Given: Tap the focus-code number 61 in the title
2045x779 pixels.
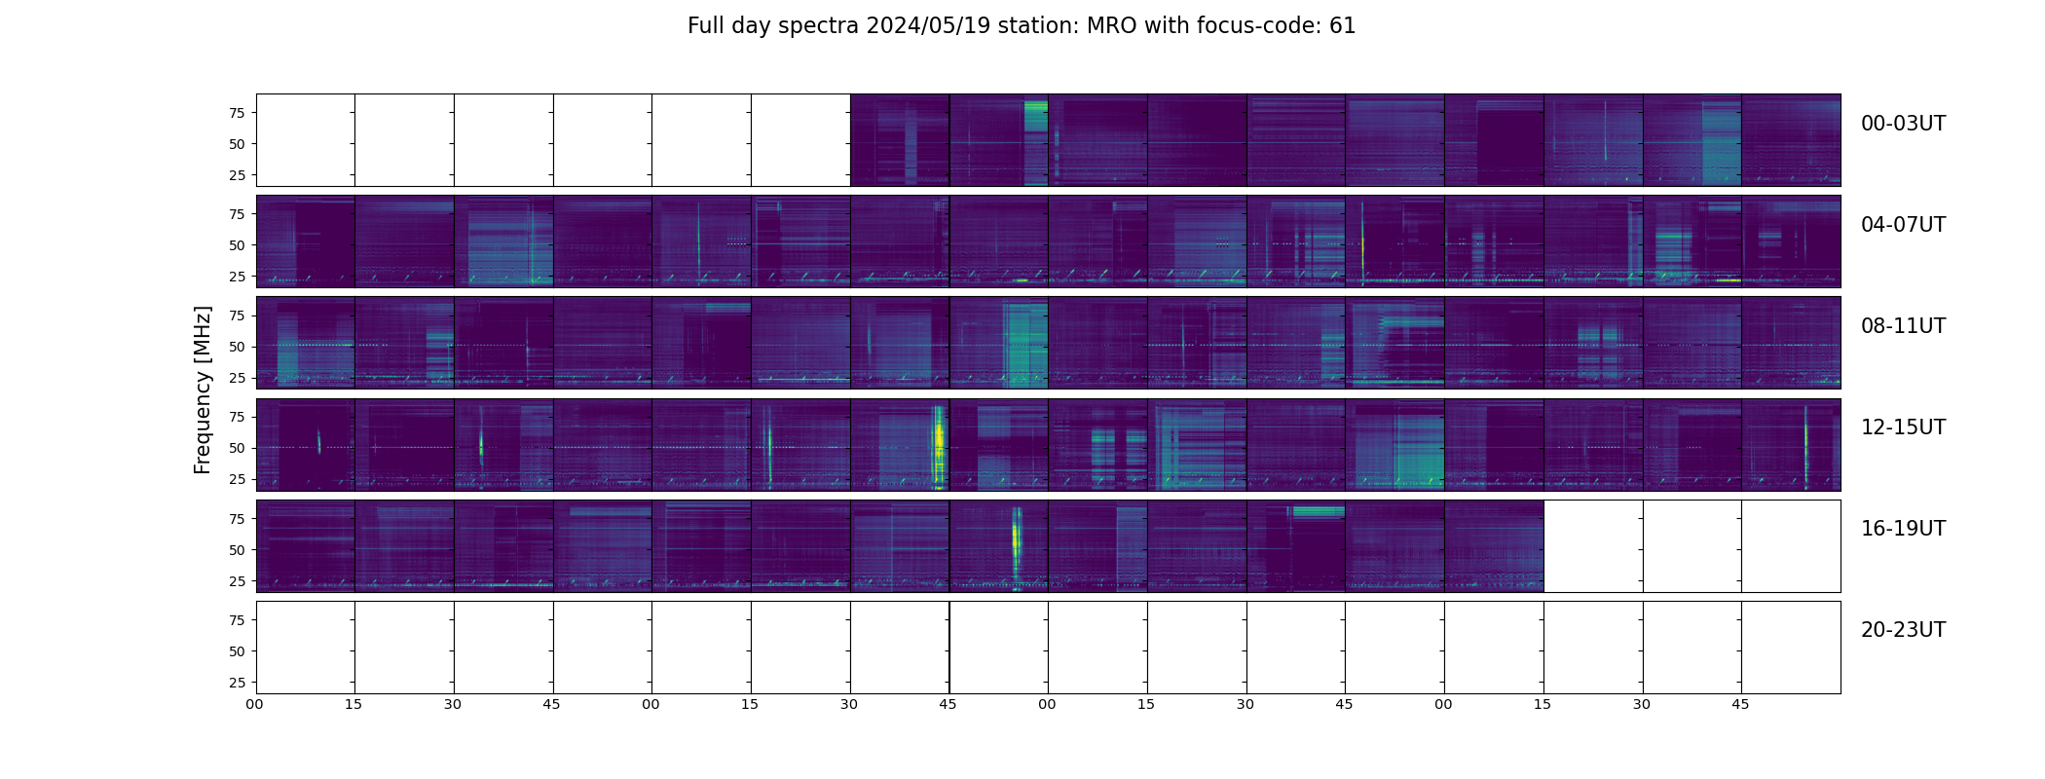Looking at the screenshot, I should (1342, 26).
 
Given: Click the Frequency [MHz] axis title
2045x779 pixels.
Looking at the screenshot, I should (203, 389).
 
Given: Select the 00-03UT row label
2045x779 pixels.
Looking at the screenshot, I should (1903, 124).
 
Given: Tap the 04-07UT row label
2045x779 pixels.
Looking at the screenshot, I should (1903, 225).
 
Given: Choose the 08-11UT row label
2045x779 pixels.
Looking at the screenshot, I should (1903, 326).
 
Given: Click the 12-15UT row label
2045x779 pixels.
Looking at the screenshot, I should (1903, 427).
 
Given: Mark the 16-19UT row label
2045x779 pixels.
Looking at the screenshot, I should (1903, 529).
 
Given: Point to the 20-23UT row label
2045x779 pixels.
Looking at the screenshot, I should (1903, 630).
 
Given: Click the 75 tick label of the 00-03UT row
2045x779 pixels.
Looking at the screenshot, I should (236, 113).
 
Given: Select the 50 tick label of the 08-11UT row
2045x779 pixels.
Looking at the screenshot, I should (236, 347).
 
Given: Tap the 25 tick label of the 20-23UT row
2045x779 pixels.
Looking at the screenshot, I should (236, 683).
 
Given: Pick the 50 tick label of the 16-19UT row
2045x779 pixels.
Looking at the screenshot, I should (236, 550).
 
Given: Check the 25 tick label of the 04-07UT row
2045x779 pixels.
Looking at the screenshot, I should (236, 277).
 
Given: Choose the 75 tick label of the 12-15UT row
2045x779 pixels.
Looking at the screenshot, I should (236, 417).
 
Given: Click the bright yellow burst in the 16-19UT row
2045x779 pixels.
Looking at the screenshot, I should (1017, 540).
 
